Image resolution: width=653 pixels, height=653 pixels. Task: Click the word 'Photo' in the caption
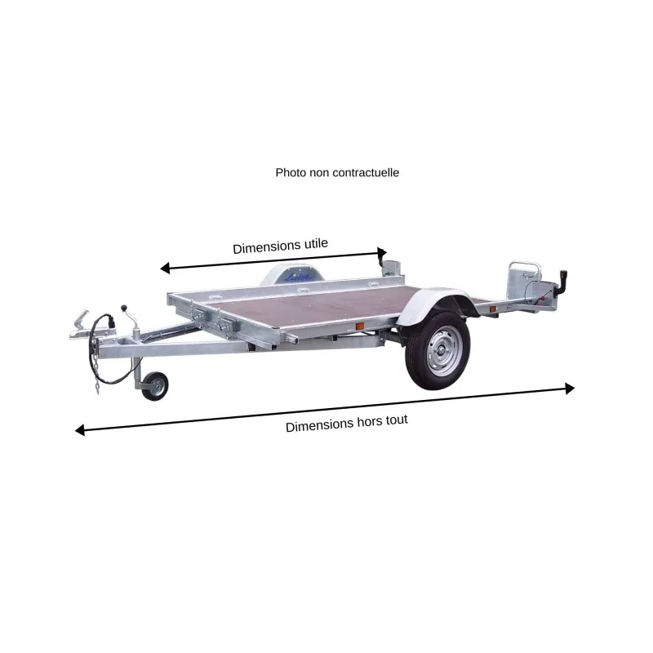(290, 173)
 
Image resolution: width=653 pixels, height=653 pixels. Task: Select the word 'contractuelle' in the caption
(366, 173)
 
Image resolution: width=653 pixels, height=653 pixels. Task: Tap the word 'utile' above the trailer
(315, 245)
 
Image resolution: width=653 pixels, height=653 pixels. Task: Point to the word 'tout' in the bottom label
(398, 421)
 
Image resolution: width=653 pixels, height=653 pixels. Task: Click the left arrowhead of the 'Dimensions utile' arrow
(165, 268)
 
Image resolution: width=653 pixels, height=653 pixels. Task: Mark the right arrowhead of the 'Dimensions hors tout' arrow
(569, 389)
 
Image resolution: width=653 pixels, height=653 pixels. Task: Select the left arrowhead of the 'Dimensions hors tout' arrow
(80, 430)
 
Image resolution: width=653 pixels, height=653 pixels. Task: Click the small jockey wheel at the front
(154, 387)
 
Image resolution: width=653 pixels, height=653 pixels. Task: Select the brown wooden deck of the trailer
(310, 306)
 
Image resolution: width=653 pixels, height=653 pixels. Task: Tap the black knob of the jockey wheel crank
(124, 309)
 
